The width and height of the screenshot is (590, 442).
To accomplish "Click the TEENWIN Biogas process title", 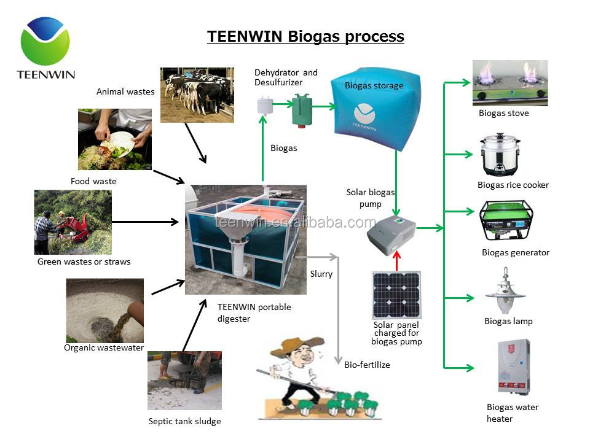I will click(x=305, y=36).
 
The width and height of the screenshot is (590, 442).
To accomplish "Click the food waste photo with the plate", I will click(x=114, y=139).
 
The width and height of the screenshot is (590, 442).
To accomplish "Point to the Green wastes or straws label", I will click(x=84, y=262).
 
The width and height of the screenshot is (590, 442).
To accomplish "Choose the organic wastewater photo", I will click(x=104, y=310).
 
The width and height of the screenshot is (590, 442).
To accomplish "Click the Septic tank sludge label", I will click(x=184, y=421).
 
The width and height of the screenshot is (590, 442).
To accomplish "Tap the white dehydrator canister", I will click(x=265, y=106).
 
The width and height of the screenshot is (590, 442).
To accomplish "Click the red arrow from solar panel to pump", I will click(x=396, y=262).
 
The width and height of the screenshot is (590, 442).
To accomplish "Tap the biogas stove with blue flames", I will click(x=509, y=83).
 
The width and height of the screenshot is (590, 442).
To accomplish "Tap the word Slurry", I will click(x=321, y=274).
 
